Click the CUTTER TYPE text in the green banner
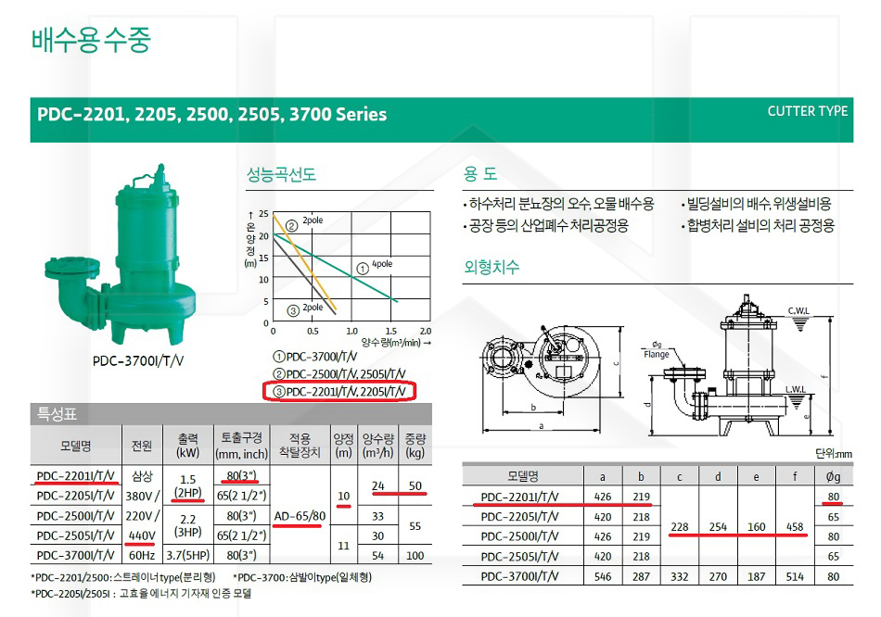pyautogui.click(x=808, y=111)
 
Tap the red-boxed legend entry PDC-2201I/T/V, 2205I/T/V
pyautogui.click(x=340, y=391)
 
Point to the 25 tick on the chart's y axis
pyautogui.click(x=263, y=214)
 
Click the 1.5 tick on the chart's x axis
pyautogui.click(x=391, y=332)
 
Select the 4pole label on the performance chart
pyautogui.click(x=382, y=264)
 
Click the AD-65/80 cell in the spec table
pyautogui.click(x=300, y=516)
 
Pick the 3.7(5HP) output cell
pyautogui.click(x=187, y=555)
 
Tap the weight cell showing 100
pyautogui.click(x=415, y=555)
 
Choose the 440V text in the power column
pyautogui.click(x=142, y=535)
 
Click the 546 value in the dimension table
pyautogui.click(x=602, y=576)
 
